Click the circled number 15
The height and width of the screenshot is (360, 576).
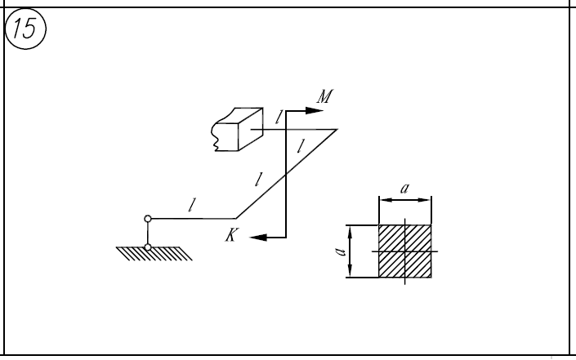[x=25, y=29]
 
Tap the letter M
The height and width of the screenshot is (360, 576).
[x=325, y=96]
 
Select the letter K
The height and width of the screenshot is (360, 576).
[x=231, y=235]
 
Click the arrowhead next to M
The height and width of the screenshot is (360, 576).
[x=315, y=110]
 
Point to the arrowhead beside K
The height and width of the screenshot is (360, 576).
[x=258, y=238]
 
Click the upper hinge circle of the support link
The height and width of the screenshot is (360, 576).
[x=148, y=219]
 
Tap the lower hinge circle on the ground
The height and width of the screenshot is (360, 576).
[x=148, y=247]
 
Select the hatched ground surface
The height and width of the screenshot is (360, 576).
[x=154, y=254]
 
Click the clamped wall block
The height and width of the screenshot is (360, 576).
[x=237, y=129]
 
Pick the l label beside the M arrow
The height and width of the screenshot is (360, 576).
[x=279, y=118]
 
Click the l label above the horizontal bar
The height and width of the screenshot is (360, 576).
[x=191, y=205]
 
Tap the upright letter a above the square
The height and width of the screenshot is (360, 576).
[x=404, y=189]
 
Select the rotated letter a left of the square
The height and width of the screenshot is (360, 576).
[x=341, y=251]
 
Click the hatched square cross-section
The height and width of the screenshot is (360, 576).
[x=405, y=251]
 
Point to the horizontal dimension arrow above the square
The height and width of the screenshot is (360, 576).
[x=405, y=200]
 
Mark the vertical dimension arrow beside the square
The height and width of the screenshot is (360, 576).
[x=351, y=251]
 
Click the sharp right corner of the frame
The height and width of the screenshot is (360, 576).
[x=337, y=130]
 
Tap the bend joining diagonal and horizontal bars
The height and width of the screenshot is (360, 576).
[x=236, y=218]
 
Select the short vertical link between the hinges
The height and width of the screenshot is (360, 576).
[x=148, y=233]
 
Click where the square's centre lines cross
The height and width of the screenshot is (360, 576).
[x=405, y=251]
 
